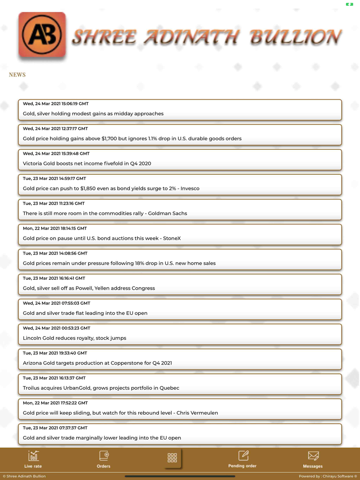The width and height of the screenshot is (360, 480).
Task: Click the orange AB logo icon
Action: pyautogui.click(x=42, y=35)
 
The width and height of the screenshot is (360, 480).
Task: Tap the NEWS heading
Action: pyautogui.click(x=17, y=75)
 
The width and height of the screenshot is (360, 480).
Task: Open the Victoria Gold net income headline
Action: pyautogui.click(x=87, y=163)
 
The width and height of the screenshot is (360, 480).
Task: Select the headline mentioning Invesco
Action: pyautogui.click(x=111, y=188)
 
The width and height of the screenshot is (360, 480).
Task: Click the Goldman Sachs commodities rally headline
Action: pyautogui.click(x=105, y=213)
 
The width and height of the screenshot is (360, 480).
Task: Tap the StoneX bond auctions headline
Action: pyautogui.click(x=102, y=238)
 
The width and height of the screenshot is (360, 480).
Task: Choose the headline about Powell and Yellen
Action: pyautogui.click(x=89, y=288)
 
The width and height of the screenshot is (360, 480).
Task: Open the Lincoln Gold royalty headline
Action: pyautogui.click(x=75, y=338)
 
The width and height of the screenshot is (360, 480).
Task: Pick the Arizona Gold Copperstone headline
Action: pyautogui.click(x=98, y=363)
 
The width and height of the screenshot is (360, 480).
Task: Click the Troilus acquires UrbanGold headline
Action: pyautogui.click(x=101, y=388)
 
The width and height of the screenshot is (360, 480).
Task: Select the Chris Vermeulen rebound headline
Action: pyautogui.click(x=121, y=413)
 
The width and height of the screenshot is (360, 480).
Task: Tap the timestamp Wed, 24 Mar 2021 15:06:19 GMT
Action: pyautogui.click(x=56, y=104)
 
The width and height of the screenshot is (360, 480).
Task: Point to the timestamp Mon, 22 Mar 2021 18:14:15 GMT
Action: pyautogui.click(x=55, y=228)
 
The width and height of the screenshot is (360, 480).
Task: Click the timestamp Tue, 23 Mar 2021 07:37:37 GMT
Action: pyautogui.click(x=55, y=428)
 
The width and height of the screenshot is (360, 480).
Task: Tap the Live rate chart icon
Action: pyautogui.click(x=33, y=456)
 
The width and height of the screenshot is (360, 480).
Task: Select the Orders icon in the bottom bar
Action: pyautogui.click(x=104, y=456)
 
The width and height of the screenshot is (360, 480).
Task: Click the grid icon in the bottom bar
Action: pyautogui.click(x=172, y=458)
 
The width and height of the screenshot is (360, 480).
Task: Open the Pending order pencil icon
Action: pyautogui.click(x=243, y=456)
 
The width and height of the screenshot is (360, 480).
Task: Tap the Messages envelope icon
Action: pyautogui.click(x=313, y=456)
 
